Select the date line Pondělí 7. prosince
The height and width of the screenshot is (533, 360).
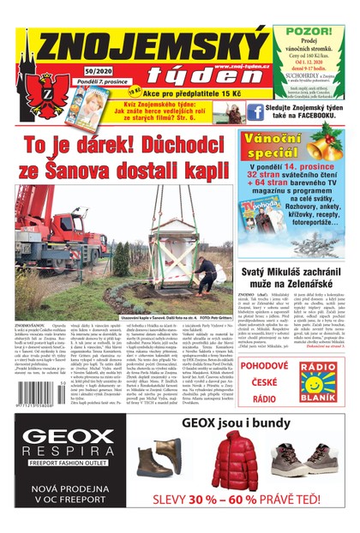[x=93, y=84]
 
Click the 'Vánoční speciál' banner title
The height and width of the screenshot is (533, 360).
[x=275, y=147]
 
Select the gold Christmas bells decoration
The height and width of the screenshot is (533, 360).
[x=329, y=137]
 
